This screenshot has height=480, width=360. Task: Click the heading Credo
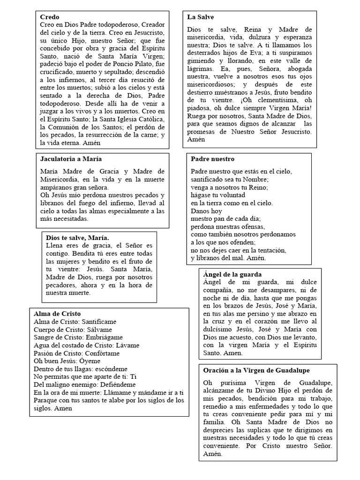(x=50, y=17)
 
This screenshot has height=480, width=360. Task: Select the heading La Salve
(x=200, y=17)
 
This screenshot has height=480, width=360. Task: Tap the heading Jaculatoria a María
(x=71, y=159)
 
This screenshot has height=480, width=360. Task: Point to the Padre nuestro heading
(x=212, y=159)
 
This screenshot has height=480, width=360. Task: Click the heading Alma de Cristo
(x=57, y=314)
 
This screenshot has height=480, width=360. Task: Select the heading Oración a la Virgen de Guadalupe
(x=256, y=370)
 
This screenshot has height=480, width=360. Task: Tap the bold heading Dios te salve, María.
(x=77, y=238)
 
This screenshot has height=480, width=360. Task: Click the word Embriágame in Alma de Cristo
(x=104, y=337)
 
